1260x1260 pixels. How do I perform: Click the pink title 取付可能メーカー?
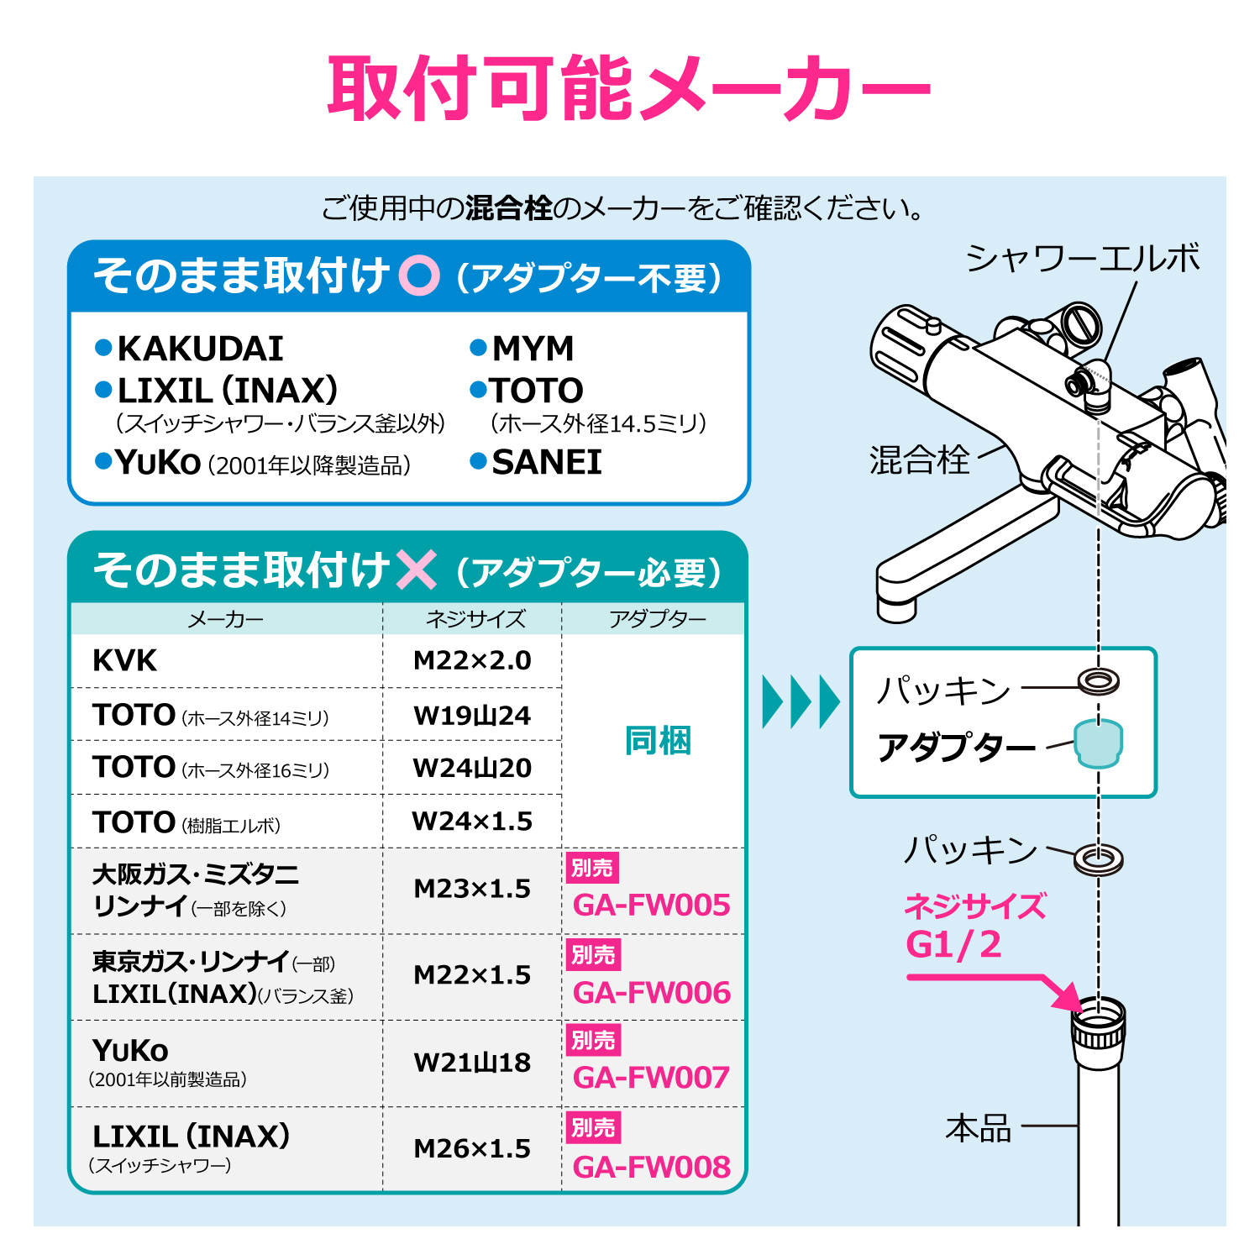(629, 88)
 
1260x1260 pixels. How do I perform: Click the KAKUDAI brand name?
(201, 349)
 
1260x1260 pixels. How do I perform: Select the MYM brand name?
(533, 348)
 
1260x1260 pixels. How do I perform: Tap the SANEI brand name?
(547, 462)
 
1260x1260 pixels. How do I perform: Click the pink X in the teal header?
(416, 570)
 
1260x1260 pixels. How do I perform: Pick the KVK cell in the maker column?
(124, 660)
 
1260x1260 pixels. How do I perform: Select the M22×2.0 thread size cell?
(472, 660)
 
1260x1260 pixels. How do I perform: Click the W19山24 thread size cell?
(472, 716)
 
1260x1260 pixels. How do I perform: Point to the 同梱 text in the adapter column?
(658, 741)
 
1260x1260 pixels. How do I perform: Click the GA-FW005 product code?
(651, 905)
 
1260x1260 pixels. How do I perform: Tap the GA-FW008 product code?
(651, 1167)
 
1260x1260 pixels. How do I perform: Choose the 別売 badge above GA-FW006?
(593, 954)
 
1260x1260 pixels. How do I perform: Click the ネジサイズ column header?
(475, 619)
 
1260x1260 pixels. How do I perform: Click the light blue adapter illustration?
(1099, 743)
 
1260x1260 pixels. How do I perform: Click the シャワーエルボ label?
(1083, 258)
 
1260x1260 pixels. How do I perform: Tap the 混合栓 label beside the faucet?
(920, 459)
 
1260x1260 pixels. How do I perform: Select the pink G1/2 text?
(953, 944)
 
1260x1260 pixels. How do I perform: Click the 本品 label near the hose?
(979, 1128)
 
